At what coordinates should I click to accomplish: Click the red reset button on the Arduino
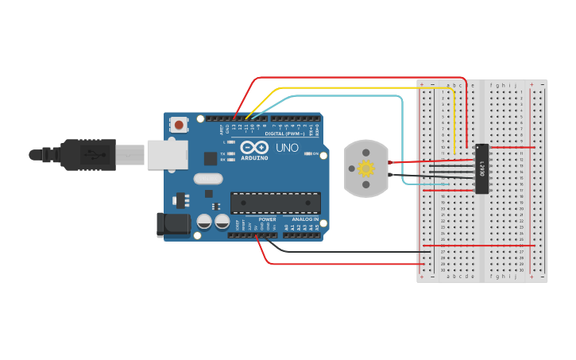pos(179,125)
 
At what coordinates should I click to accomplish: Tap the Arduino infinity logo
pos(254,148)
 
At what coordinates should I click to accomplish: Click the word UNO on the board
pos(287,148)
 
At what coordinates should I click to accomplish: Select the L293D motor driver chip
pos(481,168)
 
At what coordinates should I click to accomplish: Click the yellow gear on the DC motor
pos(365,168)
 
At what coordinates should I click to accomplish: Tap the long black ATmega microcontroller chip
pos(276,203)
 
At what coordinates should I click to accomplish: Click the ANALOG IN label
pos(305,219)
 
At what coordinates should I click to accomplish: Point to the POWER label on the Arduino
pos(267,219)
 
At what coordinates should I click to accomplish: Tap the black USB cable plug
pos(87,154)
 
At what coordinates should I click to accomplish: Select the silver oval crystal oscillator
pos(207,179)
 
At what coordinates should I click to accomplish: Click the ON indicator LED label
pos(315,153)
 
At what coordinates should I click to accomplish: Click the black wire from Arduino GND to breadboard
pos(350,253)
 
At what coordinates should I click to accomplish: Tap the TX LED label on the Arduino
pos(222,153)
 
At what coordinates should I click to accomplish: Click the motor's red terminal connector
pos(390,162)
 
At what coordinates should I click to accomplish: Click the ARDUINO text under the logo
pos(254,157)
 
